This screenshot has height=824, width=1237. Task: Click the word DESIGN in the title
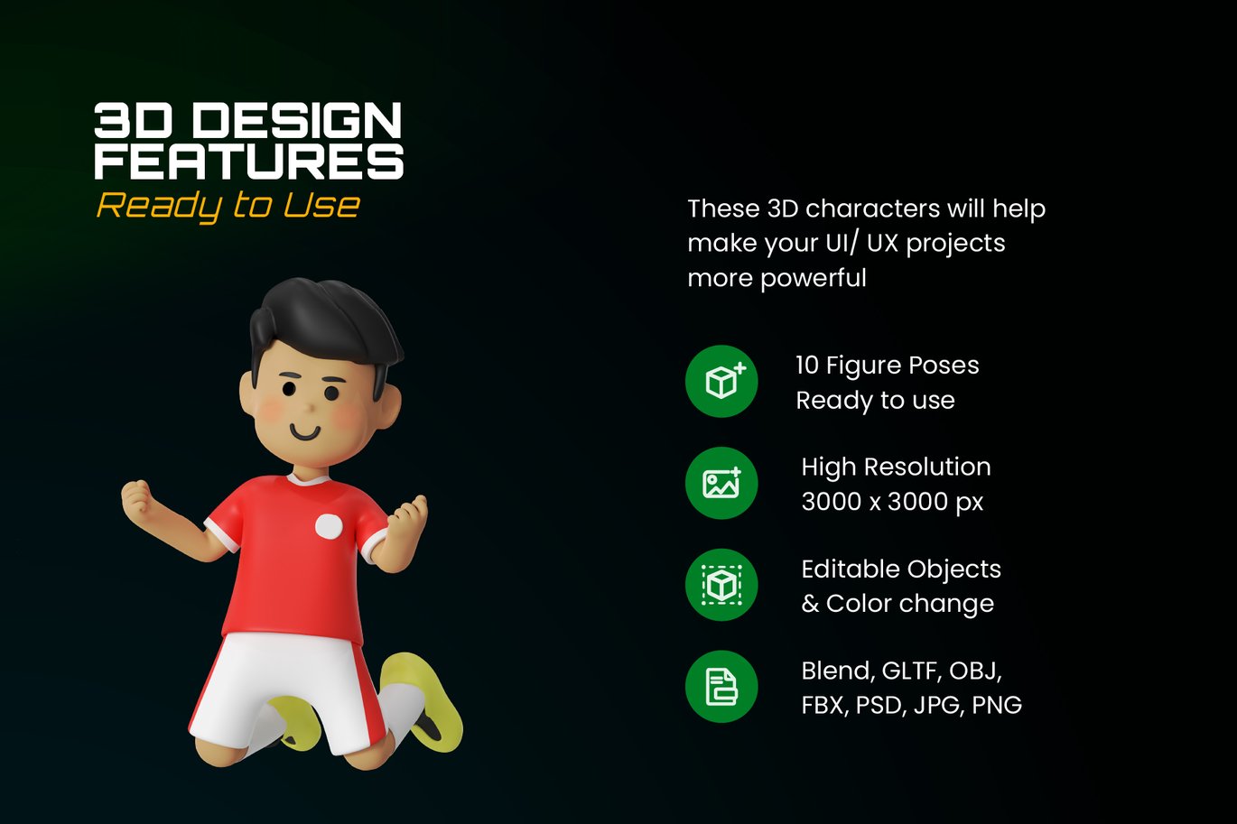pos(296,120)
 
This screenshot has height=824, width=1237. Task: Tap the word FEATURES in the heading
pos(249,162)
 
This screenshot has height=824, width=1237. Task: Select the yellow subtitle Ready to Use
pos(228,206)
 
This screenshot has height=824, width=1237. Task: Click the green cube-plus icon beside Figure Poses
pos(721,381)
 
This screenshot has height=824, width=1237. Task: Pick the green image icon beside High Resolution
pos(721,483)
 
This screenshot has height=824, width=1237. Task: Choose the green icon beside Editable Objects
pos(721,585)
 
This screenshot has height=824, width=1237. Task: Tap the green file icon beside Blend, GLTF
pos(721,687)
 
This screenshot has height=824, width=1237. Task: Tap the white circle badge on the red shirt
pos(329,526)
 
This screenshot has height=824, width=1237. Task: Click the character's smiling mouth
pos(305,431)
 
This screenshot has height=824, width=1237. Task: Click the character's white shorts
pos(287,692)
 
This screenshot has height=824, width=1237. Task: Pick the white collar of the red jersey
pos(308,479)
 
